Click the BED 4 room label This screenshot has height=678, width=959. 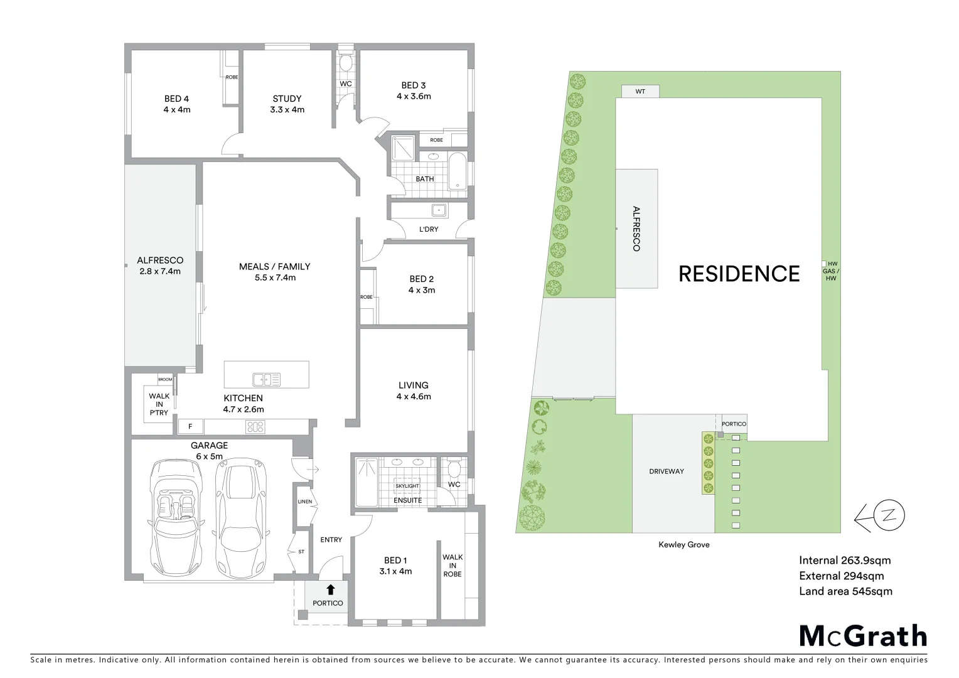pyautogui.click(x=176, y=99)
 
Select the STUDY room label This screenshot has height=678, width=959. pyautogui.click(x=287, y=99)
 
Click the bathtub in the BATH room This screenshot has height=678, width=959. pyautogui.click(x=458, y=171)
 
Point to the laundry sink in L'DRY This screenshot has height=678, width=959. pyautogui.click(x=438, y=210)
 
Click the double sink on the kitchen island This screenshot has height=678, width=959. pyautogui.click(x=267, y=379)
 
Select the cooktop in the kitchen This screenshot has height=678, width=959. pyautogui.click(x=255, y=427)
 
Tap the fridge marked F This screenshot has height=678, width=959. pyautogui.click(x=191, y=427)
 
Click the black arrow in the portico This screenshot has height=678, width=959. pyautogui.click(x=330, y=589)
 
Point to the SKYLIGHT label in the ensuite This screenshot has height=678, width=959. pyautogui.click(x=407, y=486)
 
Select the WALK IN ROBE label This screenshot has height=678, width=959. pyautogui.click(x=453, y=566)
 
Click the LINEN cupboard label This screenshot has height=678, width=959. pyautogui.click(x=304, y=502)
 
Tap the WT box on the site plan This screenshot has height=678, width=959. pyautogui.click(x=640, y=92)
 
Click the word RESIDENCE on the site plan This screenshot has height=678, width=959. pyautogui.click(x=739, y=274)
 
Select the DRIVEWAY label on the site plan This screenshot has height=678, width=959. pyautogui.click(x=667, y=471)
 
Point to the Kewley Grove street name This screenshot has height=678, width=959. pyautogui.click(x=683, y=545)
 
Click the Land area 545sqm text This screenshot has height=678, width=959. pyautogui.click(x=845, y=591)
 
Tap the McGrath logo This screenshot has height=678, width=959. pyautogui.click(x=863, y=636)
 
